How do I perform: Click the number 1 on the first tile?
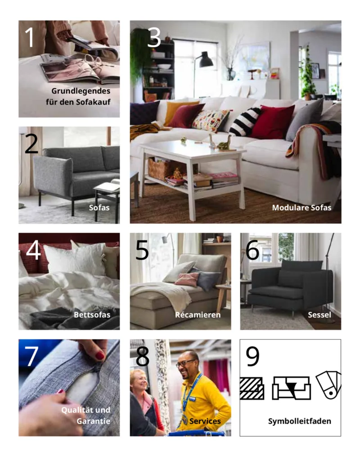coord(29,38)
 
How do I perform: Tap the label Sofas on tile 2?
coord(99,208)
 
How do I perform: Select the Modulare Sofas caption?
coord(301,208)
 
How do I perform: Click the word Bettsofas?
coord(92,315)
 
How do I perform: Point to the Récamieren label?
coord(198,315)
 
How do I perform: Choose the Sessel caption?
coord(319,315)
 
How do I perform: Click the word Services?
coord(205,421)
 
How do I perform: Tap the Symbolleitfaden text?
coord(300,421)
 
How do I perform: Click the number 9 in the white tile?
coord(252,357)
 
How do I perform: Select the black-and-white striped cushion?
coord(245,122)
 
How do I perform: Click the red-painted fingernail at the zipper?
coord(100,355)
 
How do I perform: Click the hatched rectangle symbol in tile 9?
coord(252,388)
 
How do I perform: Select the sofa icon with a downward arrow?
coord(291,388)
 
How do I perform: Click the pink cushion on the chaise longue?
coord(187,280)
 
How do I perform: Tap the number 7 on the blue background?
coord(31,357)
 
